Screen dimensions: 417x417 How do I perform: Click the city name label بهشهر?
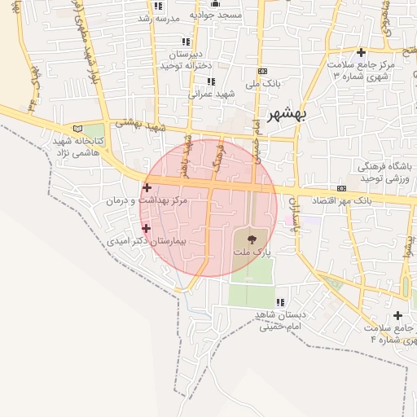tap(284, 115)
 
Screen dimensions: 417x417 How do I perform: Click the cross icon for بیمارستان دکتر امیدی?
tap(147, 229)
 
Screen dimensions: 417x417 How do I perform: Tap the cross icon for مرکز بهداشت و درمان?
tap(147, 187)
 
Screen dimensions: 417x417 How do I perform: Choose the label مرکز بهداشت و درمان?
tap(147, 200)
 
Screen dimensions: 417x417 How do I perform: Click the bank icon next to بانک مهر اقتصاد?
tap(341, 189)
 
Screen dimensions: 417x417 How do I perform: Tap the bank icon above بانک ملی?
tap(261, 72)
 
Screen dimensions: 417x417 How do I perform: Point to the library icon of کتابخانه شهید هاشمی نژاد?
tap(78, 129)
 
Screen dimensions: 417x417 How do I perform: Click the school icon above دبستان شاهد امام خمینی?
tap(281, 302)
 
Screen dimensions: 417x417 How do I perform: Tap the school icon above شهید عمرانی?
tap(212, 81)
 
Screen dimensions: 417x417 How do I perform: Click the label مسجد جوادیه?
tap(216, 15)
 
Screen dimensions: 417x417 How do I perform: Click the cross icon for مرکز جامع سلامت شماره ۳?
tap(361, 52)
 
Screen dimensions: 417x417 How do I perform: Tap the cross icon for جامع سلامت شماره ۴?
tap(397, 315)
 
